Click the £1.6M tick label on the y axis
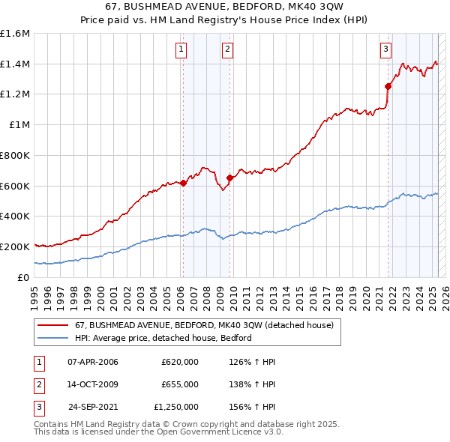pos(16,34)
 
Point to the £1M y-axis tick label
pos(20,124)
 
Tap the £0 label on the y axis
pos(24,276)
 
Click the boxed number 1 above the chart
pos(182,50)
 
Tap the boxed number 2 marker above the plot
pos(226,50)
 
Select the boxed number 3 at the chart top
pos(385,50)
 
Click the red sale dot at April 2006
pos(183,183)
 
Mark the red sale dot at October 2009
pos(229,178)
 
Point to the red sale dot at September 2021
pos(388,87)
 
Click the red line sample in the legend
pos(53,324)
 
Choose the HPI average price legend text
pos(163,338)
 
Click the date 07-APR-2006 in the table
pos(92,362)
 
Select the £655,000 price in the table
pos(180,384)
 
